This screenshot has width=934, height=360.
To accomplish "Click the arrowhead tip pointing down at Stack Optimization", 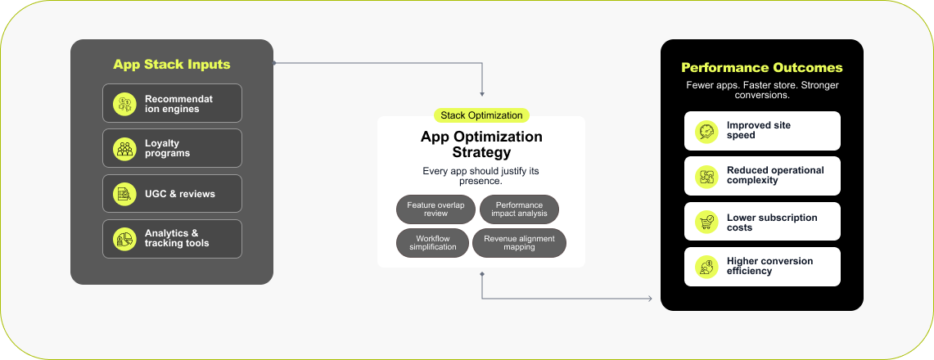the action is coord(482,97).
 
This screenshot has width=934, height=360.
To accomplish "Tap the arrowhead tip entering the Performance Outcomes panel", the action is coord(653,298).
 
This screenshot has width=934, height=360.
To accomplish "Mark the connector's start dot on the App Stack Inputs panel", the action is coord(274,62).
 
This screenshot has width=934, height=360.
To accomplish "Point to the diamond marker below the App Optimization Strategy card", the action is coord(482,274).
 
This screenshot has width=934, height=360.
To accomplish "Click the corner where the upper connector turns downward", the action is coord(482,62).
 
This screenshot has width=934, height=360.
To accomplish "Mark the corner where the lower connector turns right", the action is coord(482,298).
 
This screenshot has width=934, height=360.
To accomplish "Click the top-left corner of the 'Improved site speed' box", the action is coord(684,111).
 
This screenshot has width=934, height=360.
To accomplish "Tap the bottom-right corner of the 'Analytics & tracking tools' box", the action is coord(241,259).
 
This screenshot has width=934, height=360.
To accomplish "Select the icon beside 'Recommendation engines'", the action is coord(124,104).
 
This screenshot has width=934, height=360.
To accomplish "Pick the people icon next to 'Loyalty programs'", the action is coord(124,148).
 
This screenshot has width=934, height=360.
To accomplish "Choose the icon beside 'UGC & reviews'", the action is coord(124,193).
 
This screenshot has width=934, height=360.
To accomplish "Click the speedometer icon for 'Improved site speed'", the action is coord(706,131).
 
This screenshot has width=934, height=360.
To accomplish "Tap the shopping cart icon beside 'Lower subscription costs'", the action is coord(706,222).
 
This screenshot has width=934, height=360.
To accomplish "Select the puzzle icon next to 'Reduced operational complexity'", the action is coord(706,176).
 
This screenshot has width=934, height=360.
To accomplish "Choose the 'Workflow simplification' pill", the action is coord(432,243).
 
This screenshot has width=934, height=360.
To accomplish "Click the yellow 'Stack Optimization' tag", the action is coord(481,115).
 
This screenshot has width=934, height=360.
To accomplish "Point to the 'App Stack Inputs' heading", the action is coord(172,65).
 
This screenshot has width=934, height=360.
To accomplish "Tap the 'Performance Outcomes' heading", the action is coord(762,67).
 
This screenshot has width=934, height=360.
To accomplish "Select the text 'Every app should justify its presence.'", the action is coord(481,176).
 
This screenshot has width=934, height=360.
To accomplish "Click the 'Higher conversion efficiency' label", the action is coord(769,266).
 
